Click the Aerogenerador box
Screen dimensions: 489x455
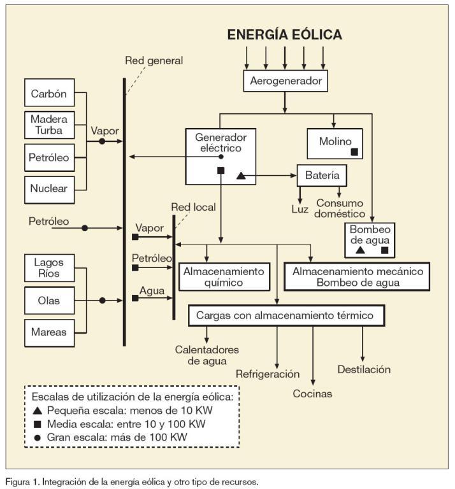(x=285, y=81)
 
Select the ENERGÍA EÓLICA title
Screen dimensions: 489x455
(x=285, y=35)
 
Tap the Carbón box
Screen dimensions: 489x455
(x=48, y=95)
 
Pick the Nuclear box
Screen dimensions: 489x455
(x=48, y=188)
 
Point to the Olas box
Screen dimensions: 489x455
(x=48, y=299)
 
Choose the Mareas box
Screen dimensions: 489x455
(x=48, y=330)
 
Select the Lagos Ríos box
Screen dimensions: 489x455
(x=48, y=268)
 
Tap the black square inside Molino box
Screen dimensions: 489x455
(x=354, y=152)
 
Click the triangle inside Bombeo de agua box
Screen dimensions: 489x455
(x=360, y=250)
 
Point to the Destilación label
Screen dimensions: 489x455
(x=364, y=369)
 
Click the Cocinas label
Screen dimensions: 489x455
(x=312, y=393)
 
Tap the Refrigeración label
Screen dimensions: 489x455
(x=268, y=374)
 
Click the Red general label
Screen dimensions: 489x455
(x=154, y=61)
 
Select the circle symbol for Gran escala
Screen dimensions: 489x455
(x=38, y=437)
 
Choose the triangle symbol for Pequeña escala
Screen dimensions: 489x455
(x=38, y=410)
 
